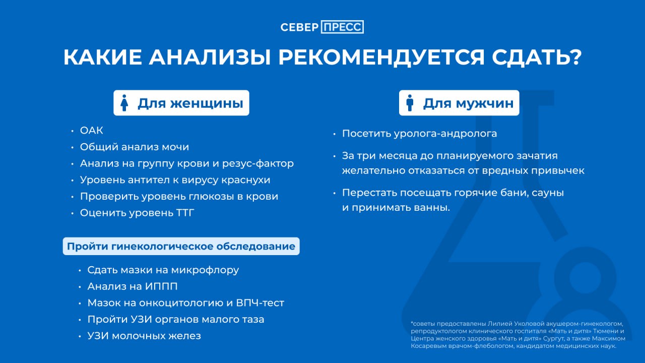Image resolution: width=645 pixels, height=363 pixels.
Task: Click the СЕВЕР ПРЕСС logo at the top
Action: tap(322, 27)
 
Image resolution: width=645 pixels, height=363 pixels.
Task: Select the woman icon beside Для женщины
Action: tap(124, 103)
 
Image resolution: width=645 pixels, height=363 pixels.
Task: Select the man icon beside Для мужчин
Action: tap(410, 103)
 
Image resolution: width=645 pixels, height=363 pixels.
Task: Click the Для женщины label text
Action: tap(190, 103)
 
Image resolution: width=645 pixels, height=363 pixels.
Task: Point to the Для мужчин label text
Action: tap(468, 103)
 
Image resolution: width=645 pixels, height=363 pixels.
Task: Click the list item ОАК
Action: tap(91, 131)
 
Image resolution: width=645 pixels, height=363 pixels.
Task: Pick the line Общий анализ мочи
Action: tap(134, 147)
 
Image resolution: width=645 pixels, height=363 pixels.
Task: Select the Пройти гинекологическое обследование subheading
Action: tap(181, 247)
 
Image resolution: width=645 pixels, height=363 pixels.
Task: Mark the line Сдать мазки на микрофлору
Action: tap(163, 270)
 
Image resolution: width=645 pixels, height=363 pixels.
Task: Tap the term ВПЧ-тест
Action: tap(260, 303)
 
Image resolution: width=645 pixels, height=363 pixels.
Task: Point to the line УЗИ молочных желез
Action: tap(144, 336)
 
